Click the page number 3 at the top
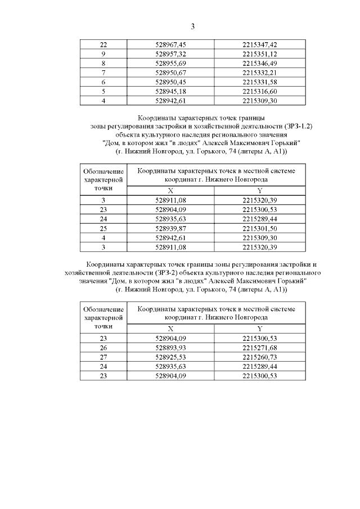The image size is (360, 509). (192, 26)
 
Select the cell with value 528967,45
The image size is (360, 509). (170, 44)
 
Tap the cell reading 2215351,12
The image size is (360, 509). (259, 54)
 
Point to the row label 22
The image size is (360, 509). (103, 44)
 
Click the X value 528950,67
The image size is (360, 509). (170, 73)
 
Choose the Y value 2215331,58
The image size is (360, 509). (259, 82)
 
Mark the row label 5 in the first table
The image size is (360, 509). (103, 92)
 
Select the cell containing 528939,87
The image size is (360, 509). (170, 228)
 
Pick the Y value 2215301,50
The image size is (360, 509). (259, 228)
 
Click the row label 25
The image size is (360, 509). (103, 228)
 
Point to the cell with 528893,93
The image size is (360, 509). (170, 348)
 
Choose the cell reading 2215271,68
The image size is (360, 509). (259, 348)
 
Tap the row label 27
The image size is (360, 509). (103, 357)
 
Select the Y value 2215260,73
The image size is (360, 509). (259, 357)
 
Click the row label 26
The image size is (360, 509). (103, 348)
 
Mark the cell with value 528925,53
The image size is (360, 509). (170, 357)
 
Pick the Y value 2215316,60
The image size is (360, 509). (259, 92)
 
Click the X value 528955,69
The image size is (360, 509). (170, 64)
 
